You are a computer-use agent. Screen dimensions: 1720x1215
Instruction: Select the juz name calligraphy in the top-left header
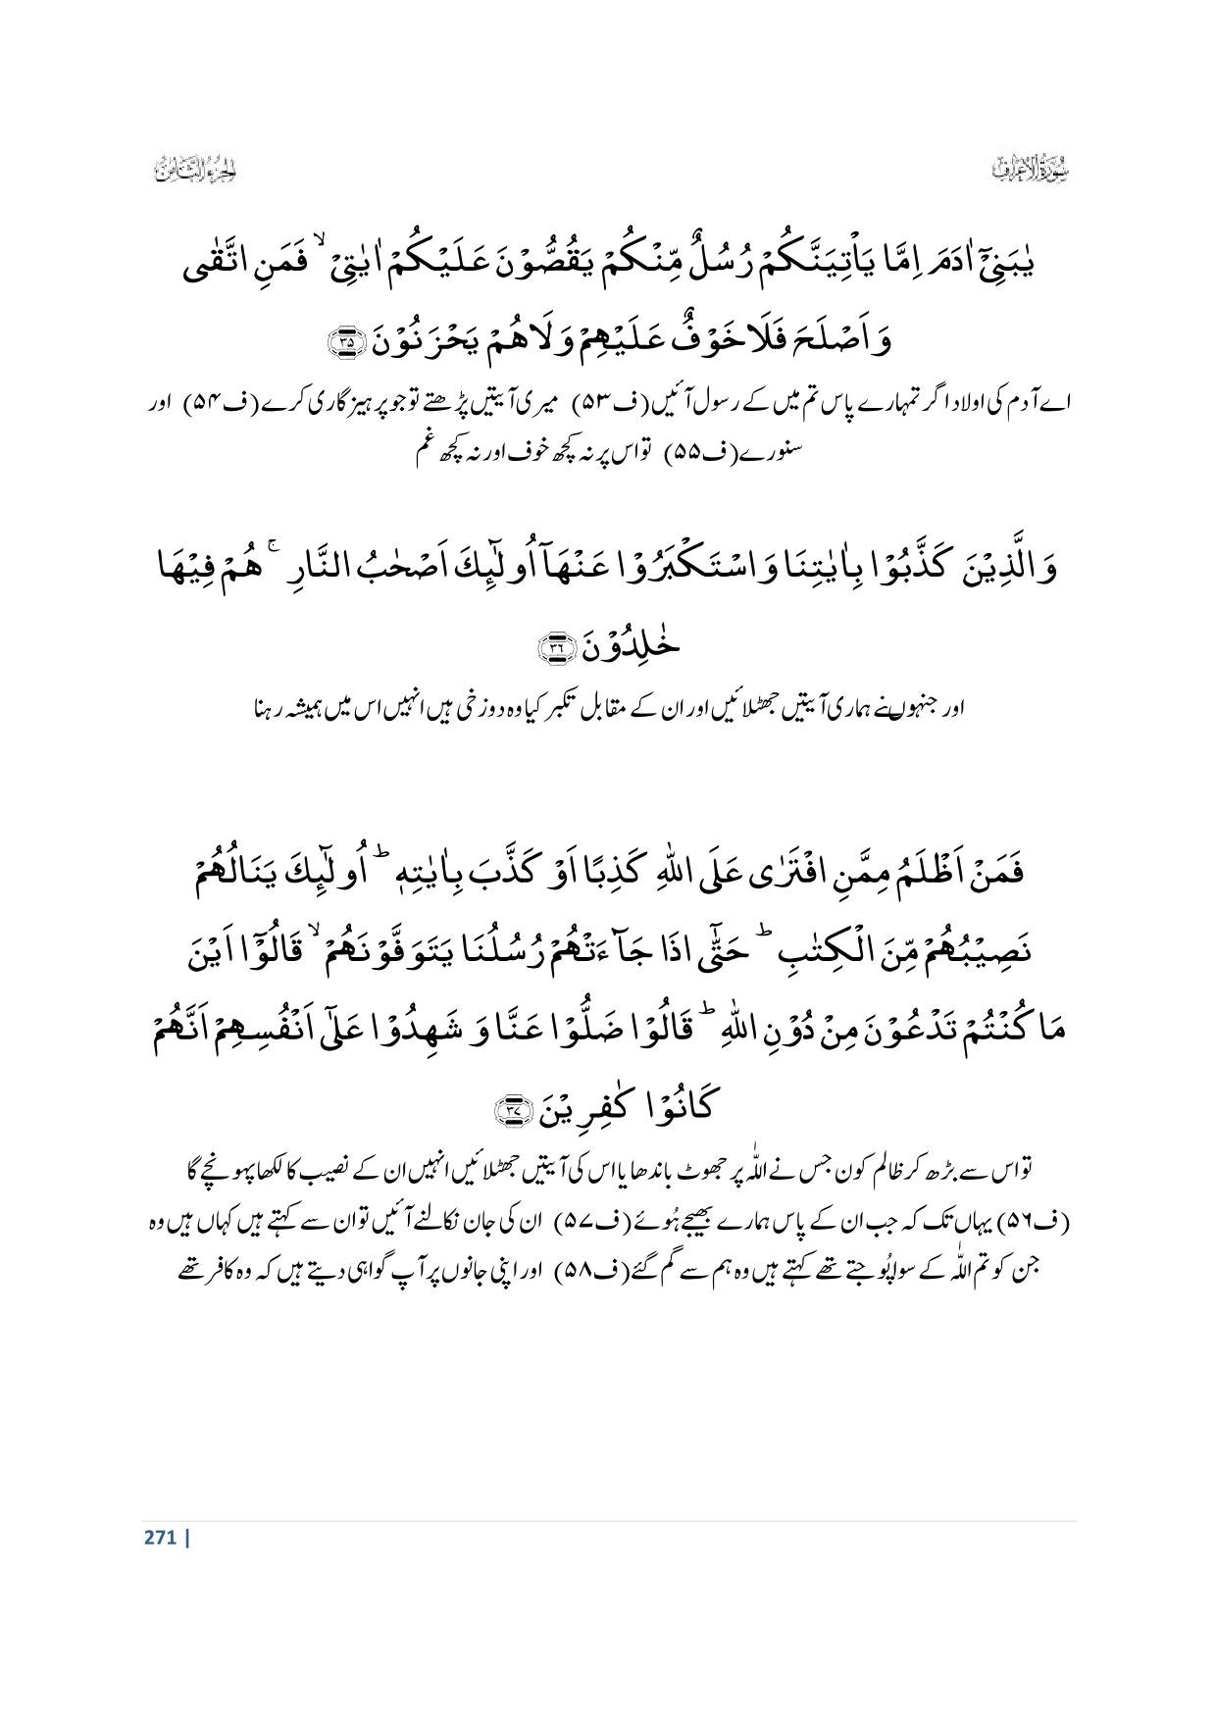197,169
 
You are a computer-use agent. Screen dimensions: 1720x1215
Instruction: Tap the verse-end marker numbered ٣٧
513,1109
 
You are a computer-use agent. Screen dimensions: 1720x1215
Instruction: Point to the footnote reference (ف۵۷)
550,1223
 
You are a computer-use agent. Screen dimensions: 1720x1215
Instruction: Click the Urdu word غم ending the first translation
424,453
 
